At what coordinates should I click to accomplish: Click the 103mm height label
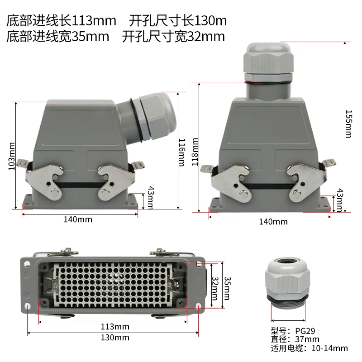point(12,157)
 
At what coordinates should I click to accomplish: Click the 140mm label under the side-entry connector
point(77,219)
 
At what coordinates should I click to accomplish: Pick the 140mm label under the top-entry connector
point(273,222)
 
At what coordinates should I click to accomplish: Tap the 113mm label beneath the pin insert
point(114,327)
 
